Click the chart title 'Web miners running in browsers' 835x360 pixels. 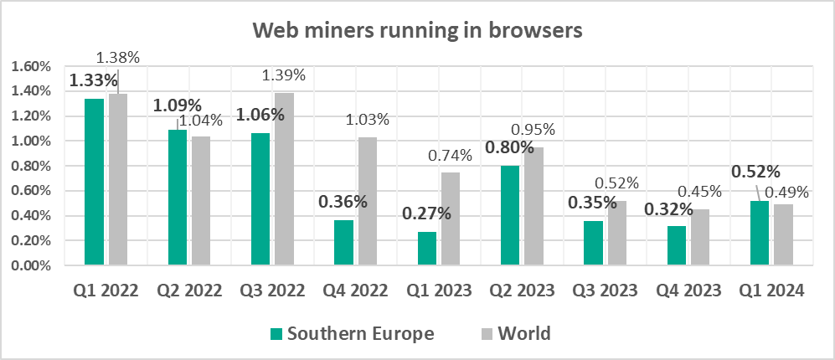coord(417,31)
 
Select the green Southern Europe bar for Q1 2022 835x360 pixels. coord(95,183)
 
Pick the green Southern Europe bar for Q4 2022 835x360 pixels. coord(343,243)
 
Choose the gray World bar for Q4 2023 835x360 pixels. coord(701,238)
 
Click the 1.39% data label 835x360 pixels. coord(283,75)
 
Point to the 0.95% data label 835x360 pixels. coord(533,131)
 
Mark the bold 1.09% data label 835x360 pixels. coord(177,106)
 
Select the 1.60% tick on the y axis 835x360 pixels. coord(30,66)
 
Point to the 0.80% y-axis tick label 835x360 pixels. coord(30,166)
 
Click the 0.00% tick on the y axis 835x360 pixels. coord(30,266)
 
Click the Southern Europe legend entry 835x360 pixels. coord(352,333)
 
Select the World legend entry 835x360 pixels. coord(515,333)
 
